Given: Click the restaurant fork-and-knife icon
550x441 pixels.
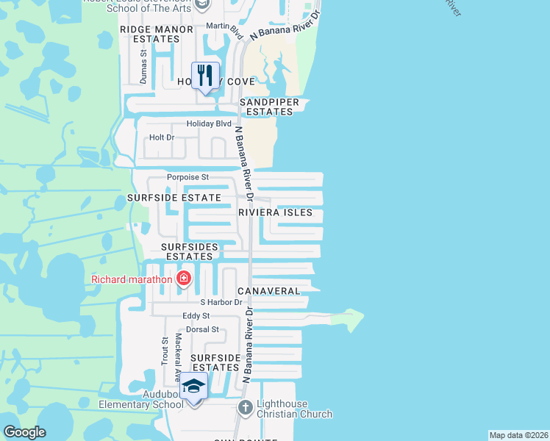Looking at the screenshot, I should pyautogui.click(x=205, y=74).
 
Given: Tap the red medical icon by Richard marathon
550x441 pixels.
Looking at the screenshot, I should pyautogui.click(x=183, y=279).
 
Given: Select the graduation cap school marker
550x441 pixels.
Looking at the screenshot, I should pyautogui.click(x=194, y=386).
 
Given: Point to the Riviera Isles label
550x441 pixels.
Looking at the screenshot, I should pyautogui.click(x=276, y=212).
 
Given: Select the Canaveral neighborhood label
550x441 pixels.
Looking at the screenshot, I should pyautogui.click(x=268, y=291).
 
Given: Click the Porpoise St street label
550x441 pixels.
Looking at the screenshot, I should pyautogui.click(x=188, y=177).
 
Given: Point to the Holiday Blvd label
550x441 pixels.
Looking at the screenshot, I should pyautogui.click(x=209, y=123).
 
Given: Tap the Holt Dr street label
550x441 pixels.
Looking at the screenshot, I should pyautogui.click(x=162, y=137).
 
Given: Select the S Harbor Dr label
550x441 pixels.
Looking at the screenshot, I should pyautogui.click(x=221, y=302).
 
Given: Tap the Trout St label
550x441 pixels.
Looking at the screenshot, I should pyautogui.click(x=165, y=351).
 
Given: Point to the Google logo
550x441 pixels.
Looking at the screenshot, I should pyautogui.click(x=24, y=432).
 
